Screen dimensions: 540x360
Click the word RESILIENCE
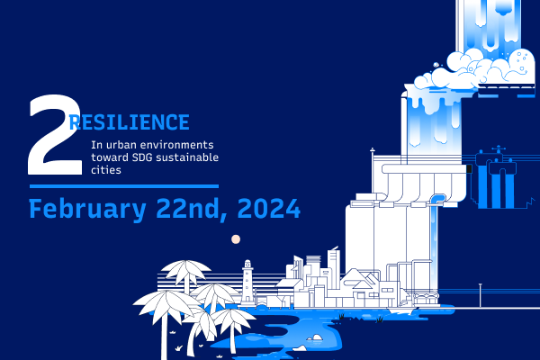click(130, 122)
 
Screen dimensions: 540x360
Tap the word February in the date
click(87, 209)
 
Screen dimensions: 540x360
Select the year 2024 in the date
click(269, 209)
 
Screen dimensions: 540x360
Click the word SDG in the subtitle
click(142, 157)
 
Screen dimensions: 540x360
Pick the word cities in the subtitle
click(106, 170)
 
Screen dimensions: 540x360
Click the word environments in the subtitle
click(176, 145)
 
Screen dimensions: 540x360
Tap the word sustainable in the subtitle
click(187, 157)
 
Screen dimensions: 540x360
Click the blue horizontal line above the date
click(124, 186)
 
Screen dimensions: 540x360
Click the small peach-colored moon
click(236, 239)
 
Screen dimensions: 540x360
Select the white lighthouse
click(247, 283)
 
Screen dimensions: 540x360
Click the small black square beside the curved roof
click(469, 169)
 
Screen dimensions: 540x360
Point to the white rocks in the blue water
click(316, 337)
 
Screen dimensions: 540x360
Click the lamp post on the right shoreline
click(480, 295)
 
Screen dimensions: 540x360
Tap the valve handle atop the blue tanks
click(499, 149)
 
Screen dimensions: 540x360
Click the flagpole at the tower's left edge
click(373, 169)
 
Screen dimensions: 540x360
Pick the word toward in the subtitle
click(110, 157)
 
